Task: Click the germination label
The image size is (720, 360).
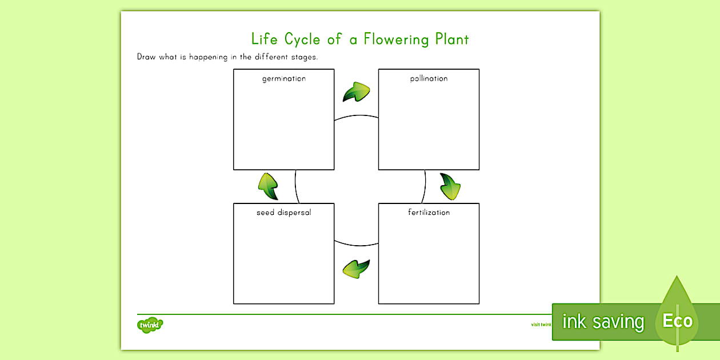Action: pos(283,78)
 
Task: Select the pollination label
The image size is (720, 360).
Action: pos(429,78)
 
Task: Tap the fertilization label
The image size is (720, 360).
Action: pos(429,213)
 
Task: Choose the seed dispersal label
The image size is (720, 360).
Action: pos(283,213)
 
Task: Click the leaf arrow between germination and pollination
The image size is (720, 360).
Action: pos(356,91)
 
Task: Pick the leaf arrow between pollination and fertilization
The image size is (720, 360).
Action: pos(450,186)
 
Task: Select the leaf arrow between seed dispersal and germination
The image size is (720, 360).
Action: pos(267,186)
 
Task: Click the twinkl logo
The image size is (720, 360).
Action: pos(150,325)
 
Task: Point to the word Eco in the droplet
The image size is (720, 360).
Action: pos(677,321)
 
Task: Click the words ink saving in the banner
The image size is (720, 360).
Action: pos(603,322)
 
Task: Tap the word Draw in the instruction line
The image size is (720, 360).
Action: pos(146,57)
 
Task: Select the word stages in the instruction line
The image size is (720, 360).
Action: pos(304,57)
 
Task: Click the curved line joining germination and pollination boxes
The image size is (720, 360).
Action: pos(356,116)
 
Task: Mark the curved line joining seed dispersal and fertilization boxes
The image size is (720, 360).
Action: pos(356,245)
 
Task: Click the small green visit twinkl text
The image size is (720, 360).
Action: pos(541,325)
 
